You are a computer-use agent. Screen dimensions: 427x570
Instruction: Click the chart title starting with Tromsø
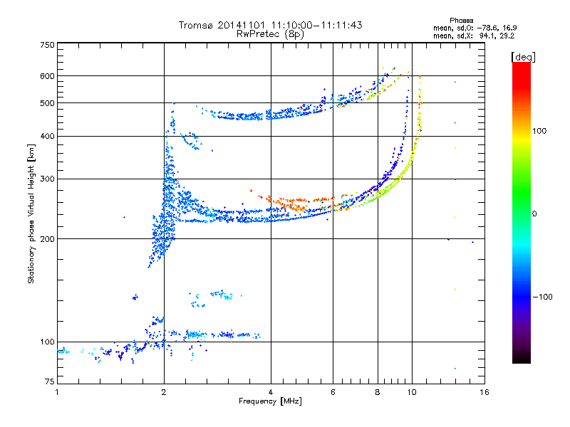[x=270, y=25]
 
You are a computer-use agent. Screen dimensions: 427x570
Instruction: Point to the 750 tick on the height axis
[x=48, y=45]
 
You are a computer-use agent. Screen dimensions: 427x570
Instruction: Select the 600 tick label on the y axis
[x=48, y=76]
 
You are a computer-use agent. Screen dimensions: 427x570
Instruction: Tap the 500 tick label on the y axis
[x=48, y=103]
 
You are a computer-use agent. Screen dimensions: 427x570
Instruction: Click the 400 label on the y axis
[x=48, y=136]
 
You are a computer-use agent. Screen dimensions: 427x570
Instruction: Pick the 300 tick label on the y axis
[x=48, y=179]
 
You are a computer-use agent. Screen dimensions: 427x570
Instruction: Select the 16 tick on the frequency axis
[x=484, y=392]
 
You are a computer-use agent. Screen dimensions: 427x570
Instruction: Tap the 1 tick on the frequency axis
[x=57, y=392]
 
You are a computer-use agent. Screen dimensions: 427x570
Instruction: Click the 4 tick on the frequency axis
[x=271, y=392]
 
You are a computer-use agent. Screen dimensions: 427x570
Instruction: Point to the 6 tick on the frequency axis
[x=333, y=392]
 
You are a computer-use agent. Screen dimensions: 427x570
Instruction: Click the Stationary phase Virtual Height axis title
[x=31, y=213]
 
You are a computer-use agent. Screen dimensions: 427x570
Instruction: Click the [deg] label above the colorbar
[x=524, y=56]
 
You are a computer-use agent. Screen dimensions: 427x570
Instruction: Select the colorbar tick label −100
[x=542, y=297]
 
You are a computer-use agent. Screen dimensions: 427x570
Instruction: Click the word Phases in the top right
[x=462, y=20]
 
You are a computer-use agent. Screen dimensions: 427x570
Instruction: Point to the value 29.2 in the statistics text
[x=505, y=35]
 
